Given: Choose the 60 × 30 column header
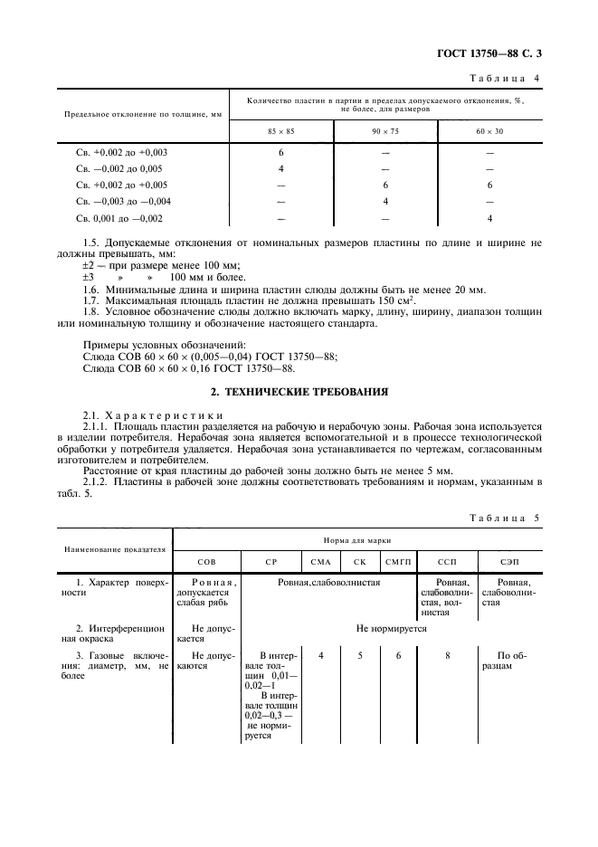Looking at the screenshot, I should tap(489, 132).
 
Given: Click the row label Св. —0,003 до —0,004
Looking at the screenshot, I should tap(124, 202).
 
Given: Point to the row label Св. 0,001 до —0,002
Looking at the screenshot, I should tap(119, 219).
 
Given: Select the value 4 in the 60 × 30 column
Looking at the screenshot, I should tap(489, 219).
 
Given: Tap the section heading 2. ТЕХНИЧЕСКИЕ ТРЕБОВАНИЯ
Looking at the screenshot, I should tap(299, 392).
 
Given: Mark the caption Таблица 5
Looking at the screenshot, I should tap(504, 518).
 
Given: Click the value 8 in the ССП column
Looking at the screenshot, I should tap(448, 653).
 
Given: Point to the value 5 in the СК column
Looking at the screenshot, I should tap(359, 653).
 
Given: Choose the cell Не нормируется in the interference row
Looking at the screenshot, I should tap(391, 627).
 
